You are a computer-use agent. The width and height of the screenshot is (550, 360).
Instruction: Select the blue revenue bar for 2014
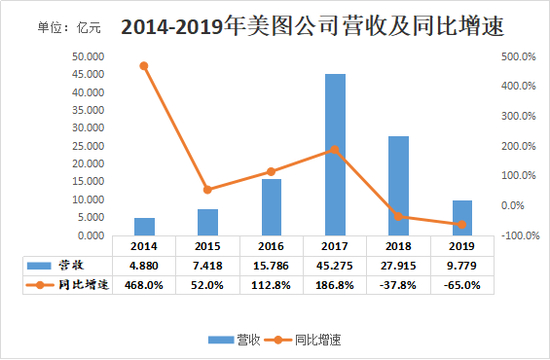click(145, 227)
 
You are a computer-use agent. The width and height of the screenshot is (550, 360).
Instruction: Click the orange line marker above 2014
click(144, 66)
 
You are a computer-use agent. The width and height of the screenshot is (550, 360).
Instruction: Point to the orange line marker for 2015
click(208, 189)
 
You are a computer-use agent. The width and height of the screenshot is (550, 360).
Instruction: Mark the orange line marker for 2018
click(398, 216)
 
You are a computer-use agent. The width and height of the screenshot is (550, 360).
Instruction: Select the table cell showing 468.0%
click(145, 284)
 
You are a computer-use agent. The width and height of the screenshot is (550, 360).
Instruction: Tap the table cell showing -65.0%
click(461, 284)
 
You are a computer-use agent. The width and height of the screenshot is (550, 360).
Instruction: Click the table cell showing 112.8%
click(272, 284)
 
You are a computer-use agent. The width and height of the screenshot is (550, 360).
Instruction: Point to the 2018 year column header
click(398, 245)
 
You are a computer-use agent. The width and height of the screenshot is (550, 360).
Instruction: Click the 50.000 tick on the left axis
click(82, 57)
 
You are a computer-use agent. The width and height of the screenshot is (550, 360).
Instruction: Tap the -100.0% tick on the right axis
click(518, 236)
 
